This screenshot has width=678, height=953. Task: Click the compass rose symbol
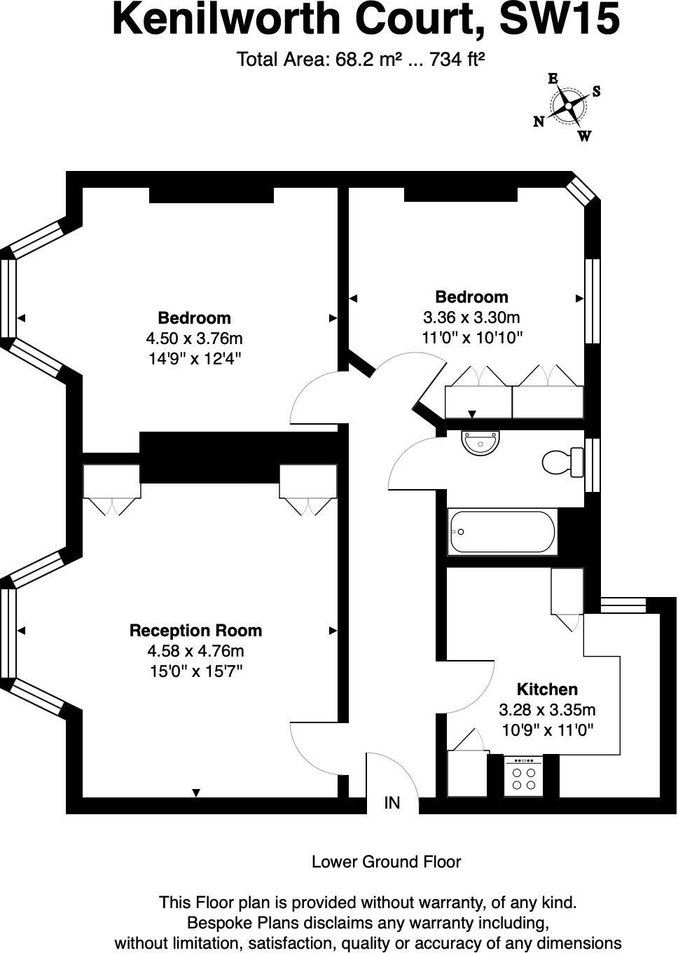coord(567,107)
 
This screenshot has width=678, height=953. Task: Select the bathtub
coord(502,533)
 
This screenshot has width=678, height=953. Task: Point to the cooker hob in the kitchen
coord(523,776)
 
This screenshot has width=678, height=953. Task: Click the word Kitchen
coord(547,690)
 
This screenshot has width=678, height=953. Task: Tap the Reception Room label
coord(195,631)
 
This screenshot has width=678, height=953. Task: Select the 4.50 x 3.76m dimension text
coord(194,339)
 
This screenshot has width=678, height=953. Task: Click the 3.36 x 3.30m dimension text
coord(471,317)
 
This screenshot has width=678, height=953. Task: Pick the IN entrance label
coord(392,803)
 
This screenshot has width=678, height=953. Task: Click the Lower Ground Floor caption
coord(386,862)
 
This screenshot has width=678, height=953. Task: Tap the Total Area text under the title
coord(361,60)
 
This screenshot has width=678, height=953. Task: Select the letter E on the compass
coord(553,78)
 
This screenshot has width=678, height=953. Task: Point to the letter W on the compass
coord(584,137)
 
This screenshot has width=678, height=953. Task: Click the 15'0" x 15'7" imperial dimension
coord(196,671)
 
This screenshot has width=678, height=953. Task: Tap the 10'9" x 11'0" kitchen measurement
coord(548,729)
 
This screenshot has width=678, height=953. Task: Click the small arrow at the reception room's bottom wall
coord(196,793)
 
